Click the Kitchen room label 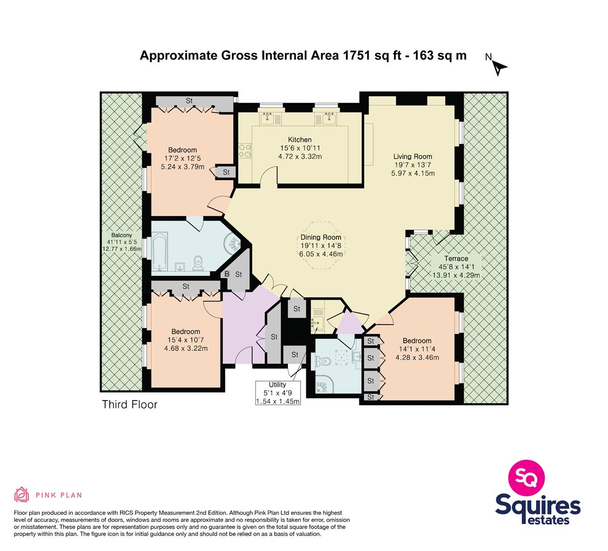point(300,139)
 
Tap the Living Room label point(412,157)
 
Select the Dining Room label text point(321,237)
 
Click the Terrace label point(456,259)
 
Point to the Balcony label point(122,235)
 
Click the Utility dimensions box point(278,393)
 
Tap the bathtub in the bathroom point(159,252)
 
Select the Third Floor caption point(130,405)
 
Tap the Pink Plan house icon point(22,494)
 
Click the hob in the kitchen point(246,151)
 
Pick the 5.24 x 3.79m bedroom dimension point(183,167)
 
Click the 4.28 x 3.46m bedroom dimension point(417,358)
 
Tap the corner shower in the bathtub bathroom point(233,243)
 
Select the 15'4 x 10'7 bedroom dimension point(186,340)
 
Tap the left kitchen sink point(267,117)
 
